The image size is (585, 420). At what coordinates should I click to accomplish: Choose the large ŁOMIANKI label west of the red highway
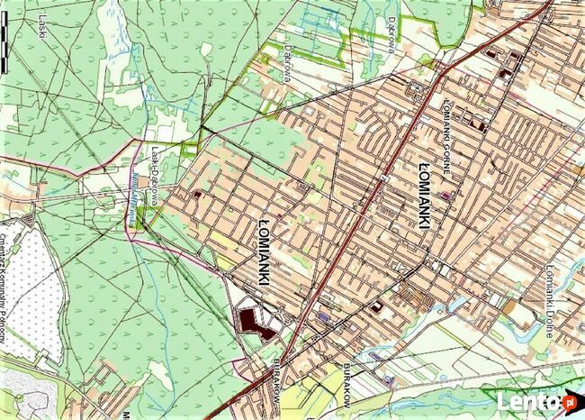[x=262, y=249]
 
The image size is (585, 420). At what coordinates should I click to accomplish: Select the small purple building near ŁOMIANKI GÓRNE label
[x=447, y=192]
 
